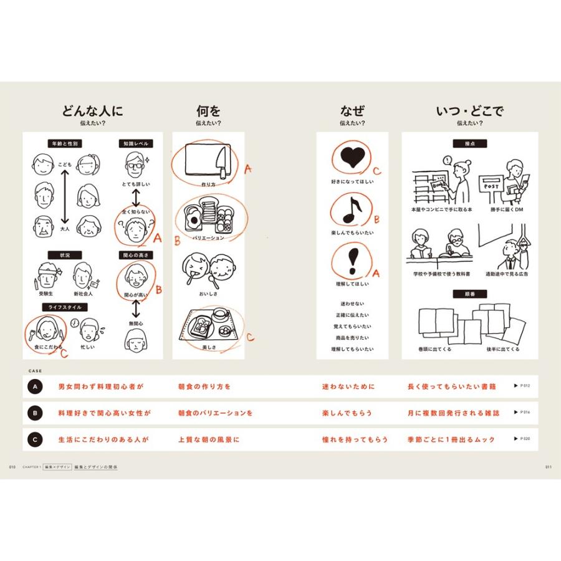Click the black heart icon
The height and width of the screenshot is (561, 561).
coord(352,158)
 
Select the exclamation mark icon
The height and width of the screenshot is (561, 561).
coord(352,260)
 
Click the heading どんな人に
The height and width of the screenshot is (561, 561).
coord(92,112)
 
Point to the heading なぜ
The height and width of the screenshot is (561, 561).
coord(352,112)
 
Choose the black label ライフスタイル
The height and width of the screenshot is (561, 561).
coord(65,307)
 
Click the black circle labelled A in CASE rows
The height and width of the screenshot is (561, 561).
coord(35,386)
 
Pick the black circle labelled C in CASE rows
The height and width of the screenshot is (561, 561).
coord(35,439)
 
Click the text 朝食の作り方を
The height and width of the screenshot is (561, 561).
coord(204,386)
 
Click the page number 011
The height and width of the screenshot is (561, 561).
coord(549,466)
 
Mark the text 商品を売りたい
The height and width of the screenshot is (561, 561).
coord(352,337)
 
